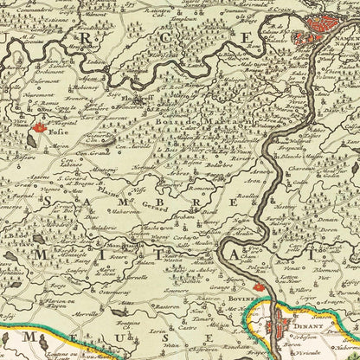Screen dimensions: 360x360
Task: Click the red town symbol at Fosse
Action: click(x=38, y=131)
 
